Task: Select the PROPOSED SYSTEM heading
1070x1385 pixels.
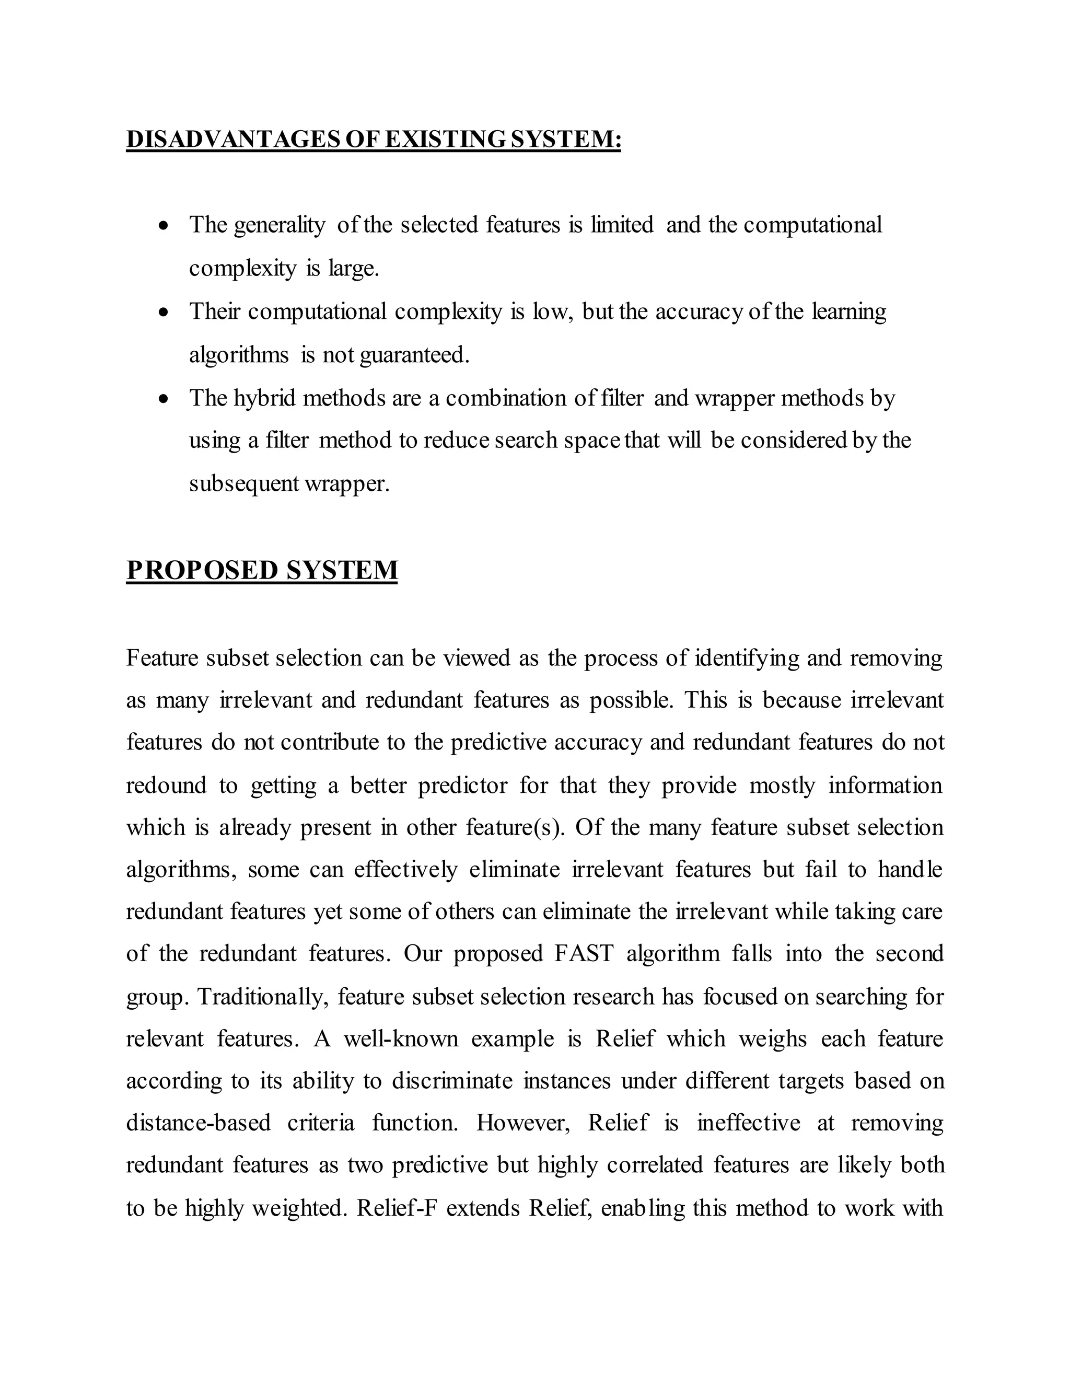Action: pyautogui.click(x=262, y=570)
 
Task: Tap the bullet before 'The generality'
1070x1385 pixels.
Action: pyautogui.click(x=164, y=226)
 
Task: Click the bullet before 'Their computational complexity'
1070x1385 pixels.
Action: pyautogui.click(x=164, y=313)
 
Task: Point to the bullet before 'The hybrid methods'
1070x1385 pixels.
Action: pyautogui.click(x=164, y=399)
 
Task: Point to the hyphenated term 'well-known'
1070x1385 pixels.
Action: pyautogui.click(x=401, y=1039)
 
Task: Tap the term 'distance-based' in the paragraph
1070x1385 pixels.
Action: pyautogui.click(x=199, y=1123)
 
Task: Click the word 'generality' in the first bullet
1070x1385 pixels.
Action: pyautogui.click(x=279, y=226)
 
